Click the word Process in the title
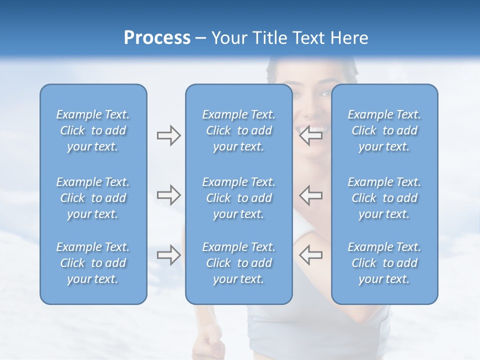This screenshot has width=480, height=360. pos(157,38)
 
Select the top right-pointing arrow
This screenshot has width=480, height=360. pos(168,135)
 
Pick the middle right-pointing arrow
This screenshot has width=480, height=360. pos(168,195)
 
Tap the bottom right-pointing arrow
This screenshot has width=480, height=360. pos(168,255)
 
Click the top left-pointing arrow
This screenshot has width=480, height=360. pos(311,135)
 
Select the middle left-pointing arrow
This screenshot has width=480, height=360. pos(311,195)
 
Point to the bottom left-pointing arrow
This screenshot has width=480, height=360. pos(311,255)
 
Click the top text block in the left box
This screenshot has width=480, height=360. pos(93,130)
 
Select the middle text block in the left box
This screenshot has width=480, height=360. pos(93,198)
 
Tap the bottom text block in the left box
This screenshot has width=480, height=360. pos(93,263)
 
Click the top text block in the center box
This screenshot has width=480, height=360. pos(238,130)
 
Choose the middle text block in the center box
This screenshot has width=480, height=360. pos(238,198)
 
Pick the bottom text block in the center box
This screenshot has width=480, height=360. pos(238,263)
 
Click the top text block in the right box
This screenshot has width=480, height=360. pos(384,130)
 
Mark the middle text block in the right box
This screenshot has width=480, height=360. pos(384,198)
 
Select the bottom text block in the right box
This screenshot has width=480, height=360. pos(384,263)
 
